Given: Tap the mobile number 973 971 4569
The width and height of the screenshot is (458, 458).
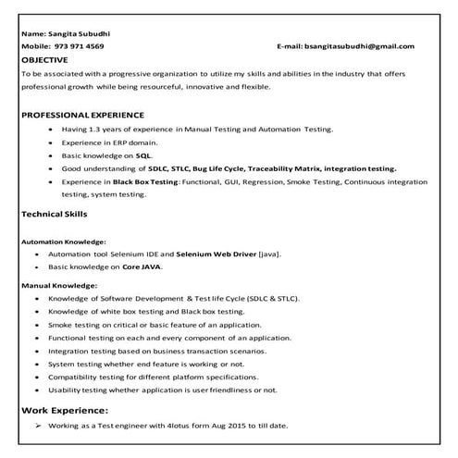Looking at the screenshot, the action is click(79, 45).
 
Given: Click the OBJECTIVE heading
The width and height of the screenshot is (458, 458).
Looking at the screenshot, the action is click(44, 57).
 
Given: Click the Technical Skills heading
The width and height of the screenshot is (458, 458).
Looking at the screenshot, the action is click(54, 213).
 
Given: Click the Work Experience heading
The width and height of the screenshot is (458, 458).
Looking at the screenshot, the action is click(65, 409).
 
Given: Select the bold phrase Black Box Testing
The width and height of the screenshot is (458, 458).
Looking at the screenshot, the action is click(146, 182).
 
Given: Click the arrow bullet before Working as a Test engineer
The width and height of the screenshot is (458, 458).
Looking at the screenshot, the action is click(38, 426).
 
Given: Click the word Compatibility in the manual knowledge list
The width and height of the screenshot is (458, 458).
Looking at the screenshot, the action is click(88, 377).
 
